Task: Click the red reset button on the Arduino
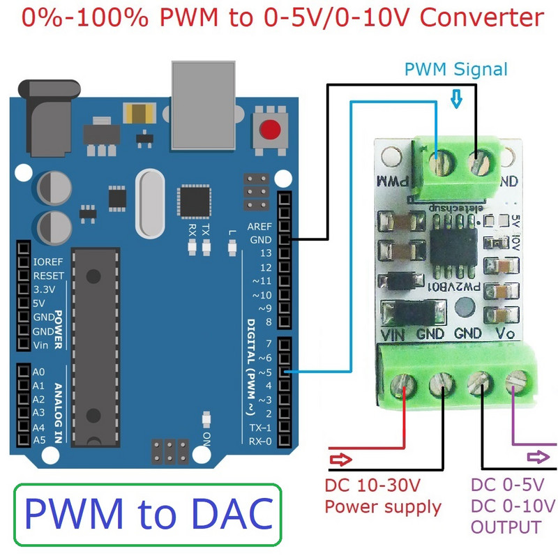[270, 130]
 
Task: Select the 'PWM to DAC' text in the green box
[148, 513]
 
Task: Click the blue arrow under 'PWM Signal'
[457, 100]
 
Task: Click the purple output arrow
[537, 457]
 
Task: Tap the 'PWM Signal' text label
[456, 70]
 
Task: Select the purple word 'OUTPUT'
[506, 527]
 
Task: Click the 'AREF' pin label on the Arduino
[259, 227]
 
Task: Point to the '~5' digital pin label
[264, 372]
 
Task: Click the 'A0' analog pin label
[39, 372]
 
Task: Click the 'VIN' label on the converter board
[397, 334]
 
